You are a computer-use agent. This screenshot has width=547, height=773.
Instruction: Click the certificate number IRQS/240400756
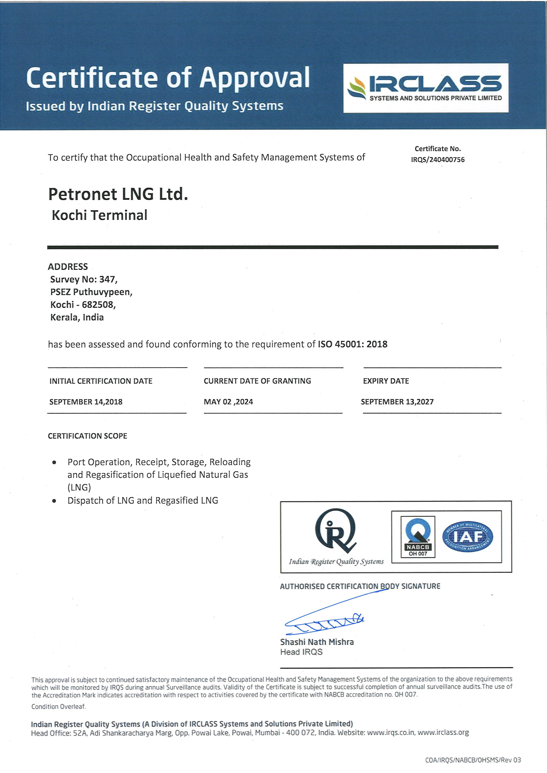pos(438,160)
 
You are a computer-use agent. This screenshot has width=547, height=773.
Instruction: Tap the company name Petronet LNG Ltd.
pos(118,194)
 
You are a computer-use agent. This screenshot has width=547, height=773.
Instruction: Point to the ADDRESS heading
pos(68,267)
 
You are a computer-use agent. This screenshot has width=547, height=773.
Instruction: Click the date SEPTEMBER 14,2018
pos(86,402)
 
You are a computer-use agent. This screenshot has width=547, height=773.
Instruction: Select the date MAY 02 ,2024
pos(228,402)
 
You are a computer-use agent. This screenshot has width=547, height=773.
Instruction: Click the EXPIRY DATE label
pos(386,381)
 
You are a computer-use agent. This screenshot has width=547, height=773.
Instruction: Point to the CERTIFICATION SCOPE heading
pos(88,436)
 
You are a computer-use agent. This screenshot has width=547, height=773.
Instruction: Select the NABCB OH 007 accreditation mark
pos(418,537)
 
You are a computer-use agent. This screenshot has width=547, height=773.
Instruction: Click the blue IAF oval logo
pos(468,537)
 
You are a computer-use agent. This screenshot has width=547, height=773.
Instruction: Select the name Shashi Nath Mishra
pos(317,642)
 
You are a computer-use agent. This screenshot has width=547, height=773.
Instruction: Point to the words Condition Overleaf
pos(59,707)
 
